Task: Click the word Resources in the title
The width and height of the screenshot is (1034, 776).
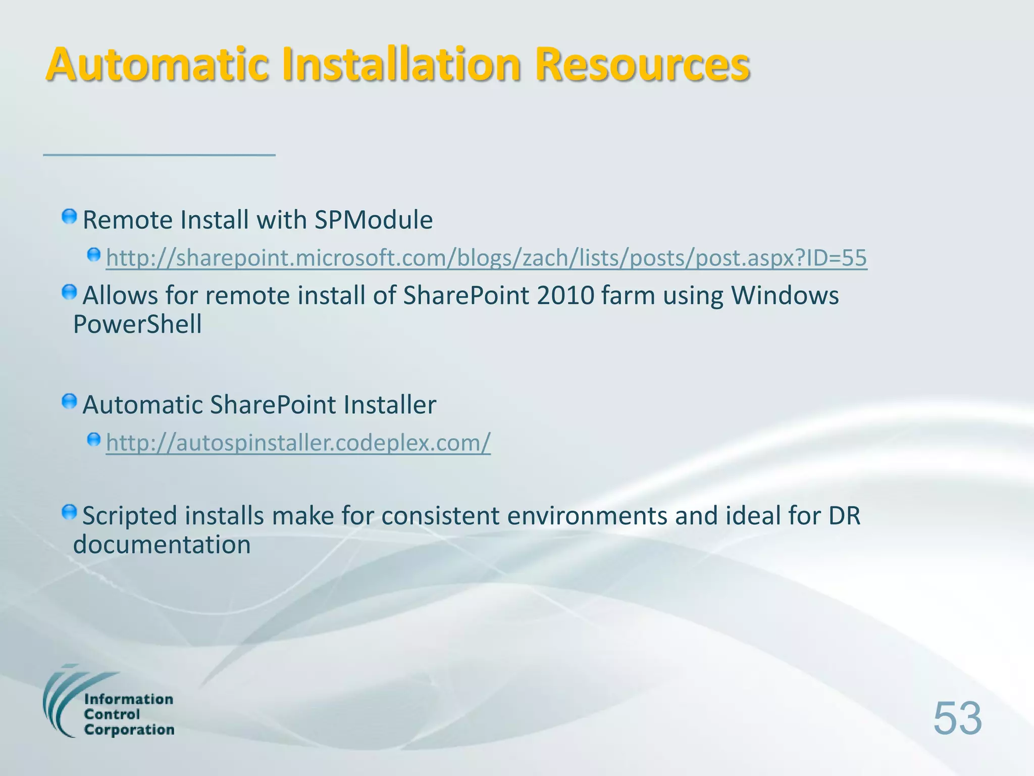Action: (x=642, y=64)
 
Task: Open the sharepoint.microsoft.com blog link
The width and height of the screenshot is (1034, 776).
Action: (x=486, y=258)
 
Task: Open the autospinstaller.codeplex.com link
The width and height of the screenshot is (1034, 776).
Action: (x=298, y=443)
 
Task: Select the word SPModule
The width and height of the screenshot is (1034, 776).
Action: (x=373, y=220)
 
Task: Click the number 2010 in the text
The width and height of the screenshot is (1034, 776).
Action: (x=565, y=296)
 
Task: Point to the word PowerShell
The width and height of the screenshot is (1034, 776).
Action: (x=137, y=324)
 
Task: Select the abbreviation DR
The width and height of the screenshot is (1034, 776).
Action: (x=844, y=516)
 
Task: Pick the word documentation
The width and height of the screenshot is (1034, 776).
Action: (x=162, y=545)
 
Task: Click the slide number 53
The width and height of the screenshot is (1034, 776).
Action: (x=957, y=718)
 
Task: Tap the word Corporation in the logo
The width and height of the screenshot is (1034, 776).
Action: (x=129, y=730)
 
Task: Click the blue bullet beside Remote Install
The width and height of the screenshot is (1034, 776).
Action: (x=69, y=217)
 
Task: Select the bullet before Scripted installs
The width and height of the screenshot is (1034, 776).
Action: (x=69, y=513)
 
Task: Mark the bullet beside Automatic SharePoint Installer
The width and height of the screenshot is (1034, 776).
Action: (x=69, y=402)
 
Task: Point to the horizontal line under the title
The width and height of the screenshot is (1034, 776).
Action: (x=159, y=155)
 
